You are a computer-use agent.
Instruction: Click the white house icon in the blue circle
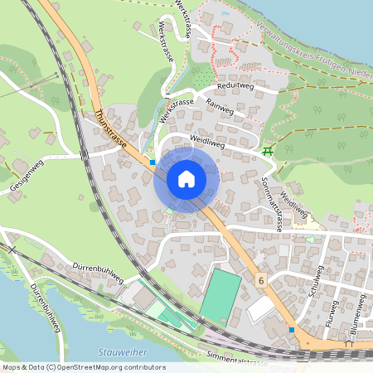tap(186, 178)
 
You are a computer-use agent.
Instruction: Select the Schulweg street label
tap(314, 286)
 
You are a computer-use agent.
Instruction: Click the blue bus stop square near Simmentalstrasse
tap(292, 329)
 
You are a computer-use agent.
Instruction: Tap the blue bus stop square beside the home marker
tap(153, 162)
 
